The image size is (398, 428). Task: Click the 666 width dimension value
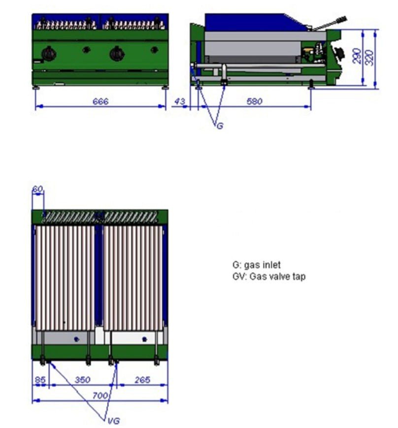100,102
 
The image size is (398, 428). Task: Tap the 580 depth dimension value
255,102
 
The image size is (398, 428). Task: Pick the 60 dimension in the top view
37,189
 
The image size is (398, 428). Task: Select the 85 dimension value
41,380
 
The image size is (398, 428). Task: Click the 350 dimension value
82,380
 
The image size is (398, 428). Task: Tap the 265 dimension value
142,380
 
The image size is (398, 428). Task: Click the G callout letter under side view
220,126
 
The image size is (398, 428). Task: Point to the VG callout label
113,421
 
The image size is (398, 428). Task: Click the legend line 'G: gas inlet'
257,266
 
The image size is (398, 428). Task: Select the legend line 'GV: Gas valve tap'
269,276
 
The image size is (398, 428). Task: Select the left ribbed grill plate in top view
65,278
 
